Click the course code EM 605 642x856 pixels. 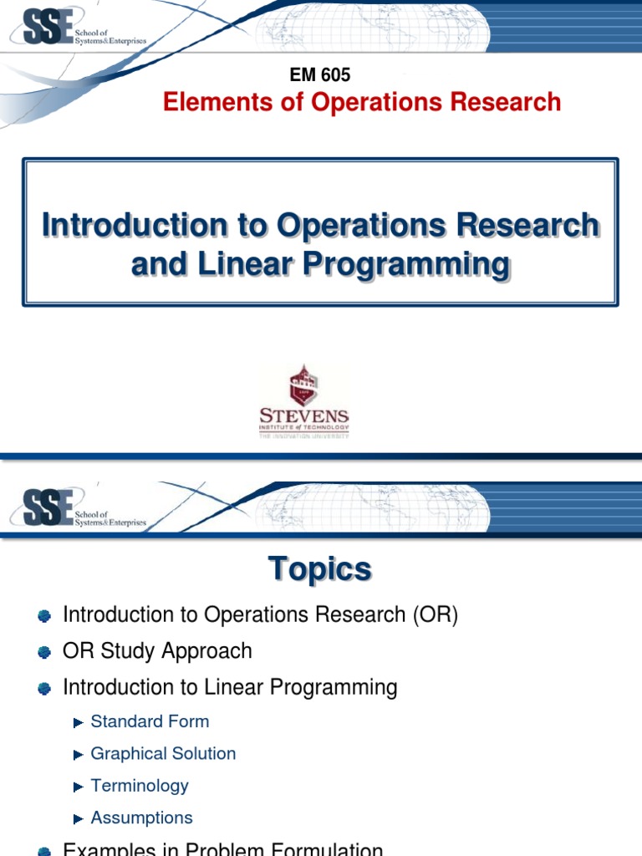coord(320,74)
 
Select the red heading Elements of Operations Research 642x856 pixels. coord(362,102)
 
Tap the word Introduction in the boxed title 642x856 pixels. coord(114,225)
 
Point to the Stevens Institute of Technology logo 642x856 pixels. coord(303,400)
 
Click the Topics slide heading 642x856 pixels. coord(320,569)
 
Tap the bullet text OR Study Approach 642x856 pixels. coord(157,650)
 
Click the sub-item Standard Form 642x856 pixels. coord(150,721)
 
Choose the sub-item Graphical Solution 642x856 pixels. coord(163,753)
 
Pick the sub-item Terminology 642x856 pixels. coord(140,786)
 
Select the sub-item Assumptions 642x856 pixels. coord(141,818)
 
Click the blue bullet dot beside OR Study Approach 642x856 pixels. coord(45,652)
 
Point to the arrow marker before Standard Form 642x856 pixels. coord(79,722)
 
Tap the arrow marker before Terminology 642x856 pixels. coord(79,787)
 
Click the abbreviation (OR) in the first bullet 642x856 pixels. coord(434,614)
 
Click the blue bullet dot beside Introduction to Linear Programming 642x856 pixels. coord(45,688)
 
